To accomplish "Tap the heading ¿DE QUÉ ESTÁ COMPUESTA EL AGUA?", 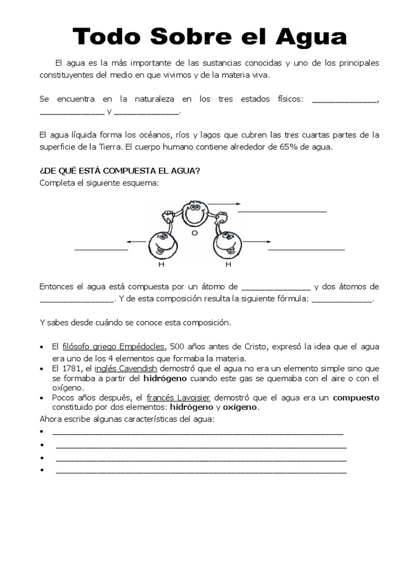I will click(120, 171).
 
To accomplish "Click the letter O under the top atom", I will click(194, 233).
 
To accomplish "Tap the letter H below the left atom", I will click(161, 265).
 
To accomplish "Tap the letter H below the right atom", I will click(228, 265).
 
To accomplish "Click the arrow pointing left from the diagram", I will click(136, 241).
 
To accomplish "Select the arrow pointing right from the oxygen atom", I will click(224, 204).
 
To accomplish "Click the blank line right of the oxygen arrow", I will click(282, 210).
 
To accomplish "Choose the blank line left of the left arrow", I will click(101, 249).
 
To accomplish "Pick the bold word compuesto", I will click(356, 398).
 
